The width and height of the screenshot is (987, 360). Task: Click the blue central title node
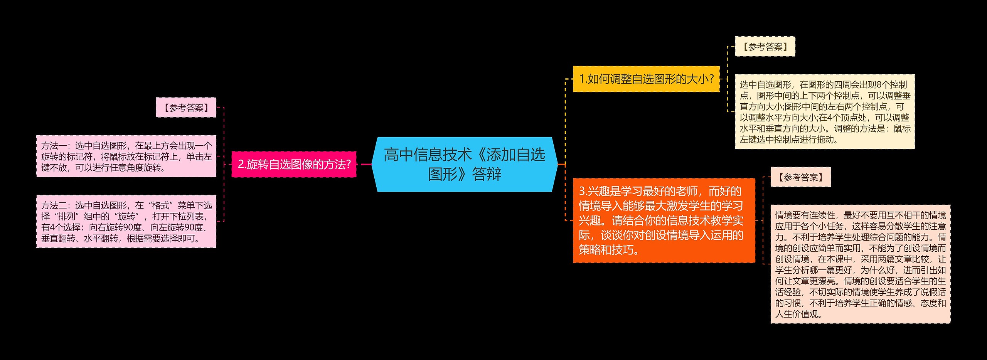point(465,164)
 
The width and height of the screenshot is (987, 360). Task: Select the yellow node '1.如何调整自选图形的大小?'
point(646,79)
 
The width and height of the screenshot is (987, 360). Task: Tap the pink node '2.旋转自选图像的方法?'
point(294,164)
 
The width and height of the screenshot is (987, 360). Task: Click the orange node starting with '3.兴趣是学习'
point(664,220)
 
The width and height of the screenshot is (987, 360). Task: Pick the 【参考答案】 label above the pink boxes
point(186,108)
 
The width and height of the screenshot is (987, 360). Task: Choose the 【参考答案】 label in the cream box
point(765,47)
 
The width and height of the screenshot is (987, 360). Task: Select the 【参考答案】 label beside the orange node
point(800,177)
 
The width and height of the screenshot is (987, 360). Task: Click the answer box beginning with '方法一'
point(126,156)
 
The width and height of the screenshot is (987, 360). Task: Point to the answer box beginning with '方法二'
point(126,222)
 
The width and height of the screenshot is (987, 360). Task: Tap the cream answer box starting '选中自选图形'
point(825,112)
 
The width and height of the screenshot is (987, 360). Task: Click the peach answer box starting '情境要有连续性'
point(861,264)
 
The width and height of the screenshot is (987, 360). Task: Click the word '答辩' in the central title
point(487,174)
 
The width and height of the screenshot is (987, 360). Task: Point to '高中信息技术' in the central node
point(428,155)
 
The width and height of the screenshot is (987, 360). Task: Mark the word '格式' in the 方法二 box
point(161,205)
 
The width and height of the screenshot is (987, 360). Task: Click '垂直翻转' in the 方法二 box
point(58,239)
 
